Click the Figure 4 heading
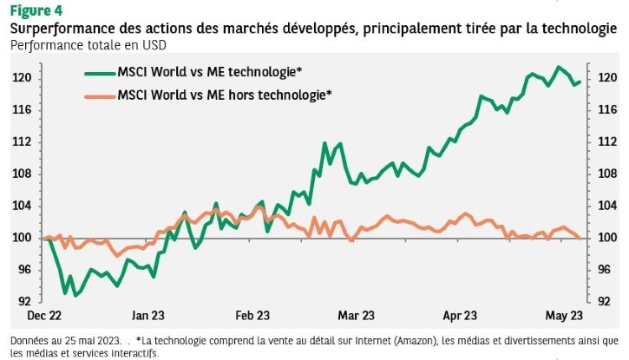[x=36, y=10]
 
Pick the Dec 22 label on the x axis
[x=43, y=315]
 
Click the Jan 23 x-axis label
[x=150, y=315]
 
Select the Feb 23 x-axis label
[x=252, y=315]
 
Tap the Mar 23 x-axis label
[x=357, y=315]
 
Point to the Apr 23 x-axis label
[x=460, y=315]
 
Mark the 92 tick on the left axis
[x=24, y=302]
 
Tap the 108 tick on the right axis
[x=606, y=173]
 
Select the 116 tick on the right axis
[x=606, y=110]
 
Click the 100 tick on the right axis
[x=606, y=238]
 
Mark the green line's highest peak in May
[x=560, y=67]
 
